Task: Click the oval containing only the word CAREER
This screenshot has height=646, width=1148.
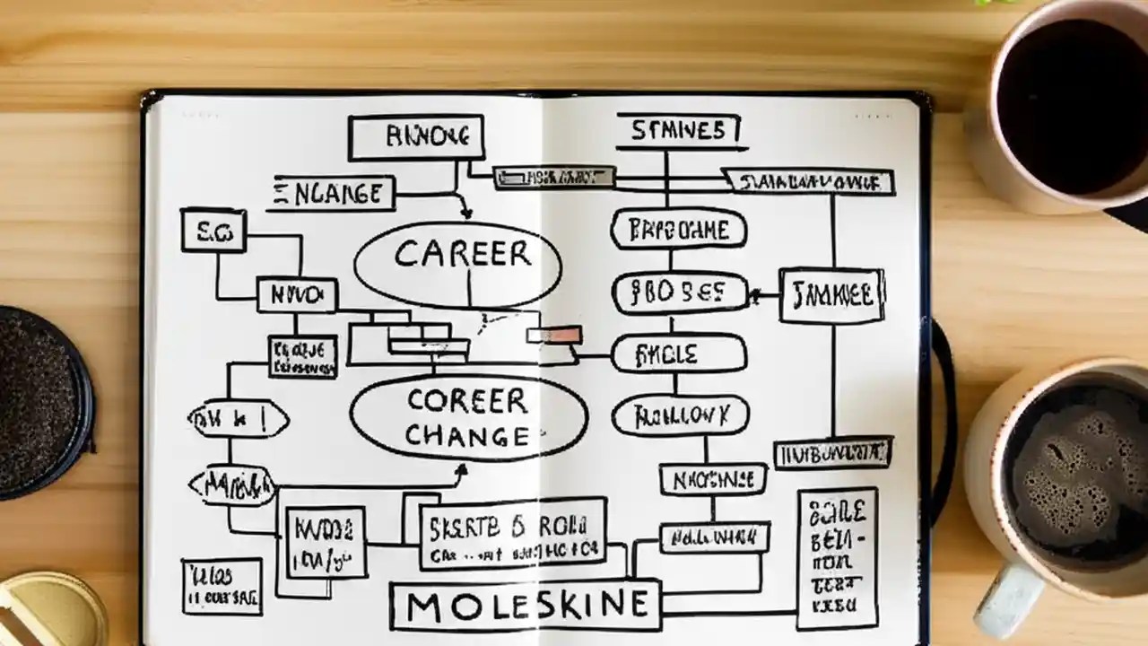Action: pyautogui.click(x=457, y=263)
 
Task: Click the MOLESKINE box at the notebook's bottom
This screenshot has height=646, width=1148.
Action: pyautogui.click(x=526, y=606)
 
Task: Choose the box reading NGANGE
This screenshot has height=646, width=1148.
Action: pyautogui.click(x=333, y=194)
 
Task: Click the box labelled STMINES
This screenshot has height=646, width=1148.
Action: pyautogui.click(x=678, y=131)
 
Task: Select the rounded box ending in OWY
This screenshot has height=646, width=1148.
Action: pyautogui.click(x=679, y=415)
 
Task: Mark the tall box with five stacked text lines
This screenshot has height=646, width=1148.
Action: pyautogui.click(x=837, y=557)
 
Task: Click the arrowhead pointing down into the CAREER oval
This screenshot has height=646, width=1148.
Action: pyautogui.click(x=465, y=214)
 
